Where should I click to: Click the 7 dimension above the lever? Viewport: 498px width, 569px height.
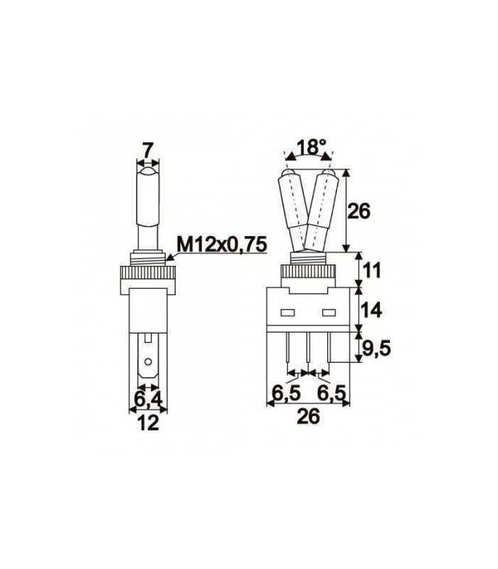click(x=147, y=150)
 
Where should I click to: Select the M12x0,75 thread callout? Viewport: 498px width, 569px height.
click(x=221, y=245)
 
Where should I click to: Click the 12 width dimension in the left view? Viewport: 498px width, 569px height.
click(x=148, y=423)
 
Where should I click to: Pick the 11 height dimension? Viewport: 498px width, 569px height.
click(x=372, y=270)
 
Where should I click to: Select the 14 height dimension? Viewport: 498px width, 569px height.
click(x=372, y=309)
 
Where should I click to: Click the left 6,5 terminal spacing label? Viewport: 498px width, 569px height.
click(x=286, y=391)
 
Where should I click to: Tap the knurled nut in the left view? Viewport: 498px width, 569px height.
click(x=148, y=273)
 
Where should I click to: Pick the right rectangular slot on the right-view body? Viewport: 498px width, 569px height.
click(x=328, y=313)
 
